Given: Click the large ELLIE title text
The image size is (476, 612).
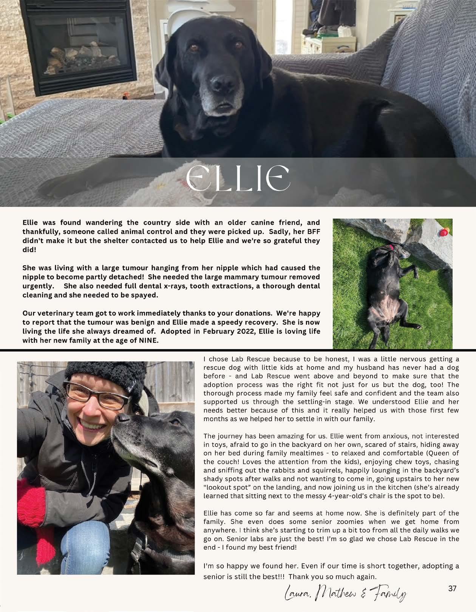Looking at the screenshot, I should [x=238, y=178].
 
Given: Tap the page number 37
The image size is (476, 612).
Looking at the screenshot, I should [x=452, y=589].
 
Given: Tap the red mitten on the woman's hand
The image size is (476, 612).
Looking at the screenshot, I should [x=32, y=499].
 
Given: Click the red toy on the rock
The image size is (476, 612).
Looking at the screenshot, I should [x=444, y=232].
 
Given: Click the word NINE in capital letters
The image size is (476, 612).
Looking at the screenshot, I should [x=148, y=340].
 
